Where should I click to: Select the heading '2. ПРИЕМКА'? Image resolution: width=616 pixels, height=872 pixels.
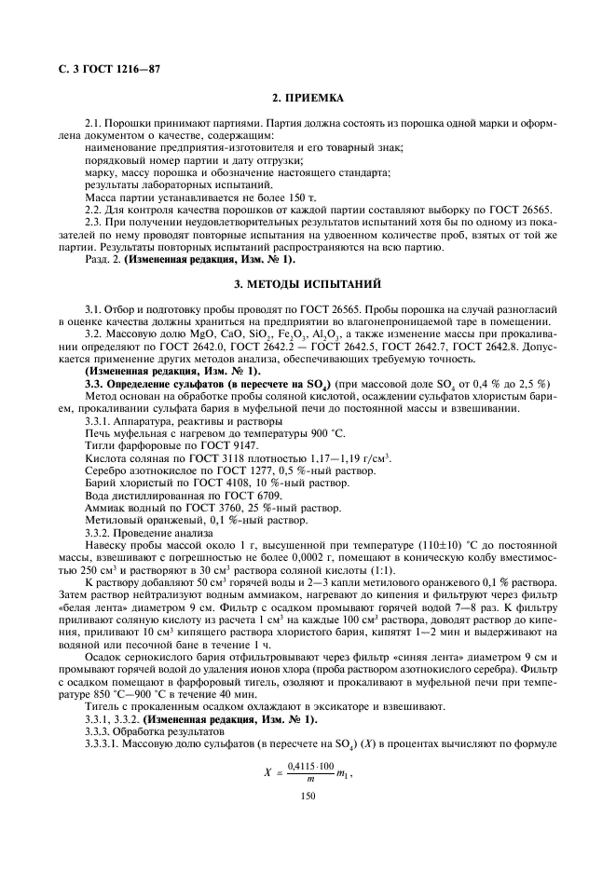pyautogui.click(x=308, y=98)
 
